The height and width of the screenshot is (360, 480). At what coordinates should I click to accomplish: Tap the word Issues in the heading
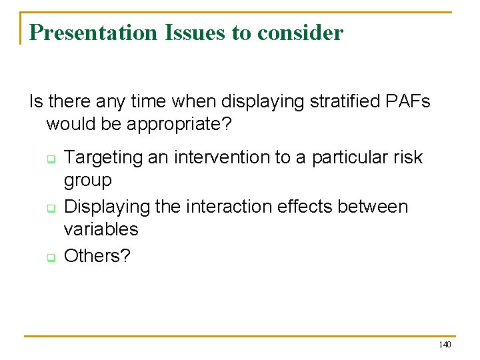coord(187,32)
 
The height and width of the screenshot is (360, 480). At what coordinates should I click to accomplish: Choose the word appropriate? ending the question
coord(175,125)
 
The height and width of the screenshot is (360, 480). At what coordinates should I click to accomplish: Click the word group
coord(87,181)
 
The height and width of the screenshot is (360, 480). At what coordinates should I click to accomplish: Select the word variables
coord(101,229)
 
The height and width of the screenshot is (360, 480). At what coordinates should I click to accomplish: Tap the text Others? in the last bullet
coord(96,255)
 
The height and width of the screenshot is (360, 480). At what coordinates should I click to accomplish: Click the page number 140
coord(445,345)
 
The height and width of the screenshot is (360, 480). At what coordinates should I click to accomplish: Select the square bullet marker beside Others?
coord(49,257)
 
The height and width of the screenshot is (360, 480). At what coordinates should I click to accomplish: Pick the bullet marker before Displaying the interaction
coord(49,209)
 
